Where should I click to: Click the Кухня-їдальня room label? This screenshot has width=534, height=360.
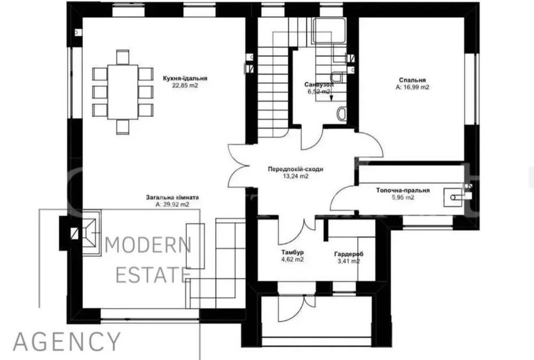185,79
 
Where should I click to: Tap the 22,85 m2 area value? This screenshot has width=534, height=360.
185,86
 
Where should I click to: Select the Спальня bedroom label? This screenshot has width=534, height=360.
412,80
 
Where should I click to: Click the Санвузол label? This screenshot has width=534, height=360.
319,84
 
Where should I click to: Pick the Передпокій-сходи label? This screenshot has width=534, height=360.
296,169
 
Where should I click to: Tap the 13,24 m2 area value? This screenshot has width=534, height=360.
296,176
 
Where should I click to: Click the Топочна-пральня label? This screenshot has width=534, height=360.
403,190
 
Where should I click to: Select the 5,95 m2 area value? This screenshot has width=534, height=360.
403,197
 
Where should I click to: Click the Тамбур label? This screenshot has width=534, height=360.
293,253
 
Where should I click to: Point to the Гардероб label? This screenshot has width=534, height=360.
349,254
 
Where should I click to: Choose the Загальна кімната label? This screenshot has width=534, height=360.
172,197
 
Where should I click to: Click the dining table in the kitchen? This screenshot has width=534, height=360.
123,92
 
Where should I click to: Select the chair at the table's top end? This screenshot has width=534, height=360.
123,57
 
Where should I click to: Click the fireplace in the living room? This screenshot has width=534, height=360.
91,233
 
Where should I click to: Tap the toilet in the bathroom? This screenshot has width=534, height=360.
342,114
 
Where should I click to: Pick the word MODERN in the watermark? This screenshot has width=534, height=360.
148,246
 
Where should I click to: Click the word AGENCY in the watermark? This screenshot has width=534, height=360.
67,341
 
